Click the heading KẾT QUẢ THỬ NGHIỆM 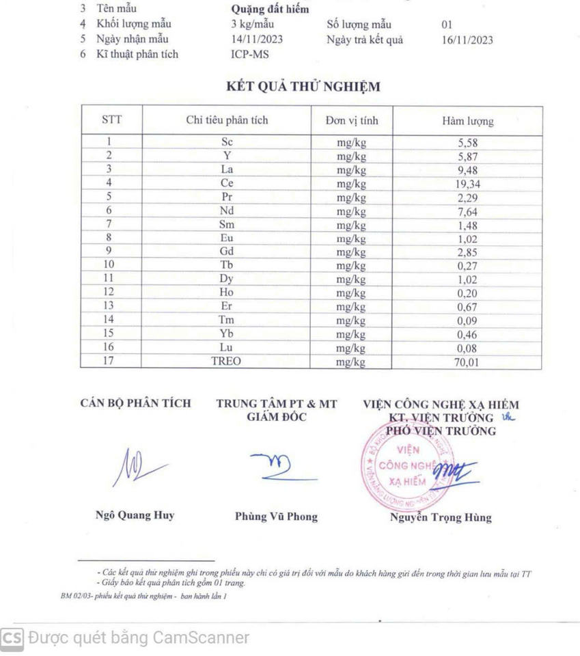coord(303,87)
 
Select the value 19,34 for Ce coord(468,184)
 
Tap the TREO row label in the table coord(226,361)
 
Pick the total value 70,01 coord(468,362)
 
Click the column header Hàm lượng coord(468,122)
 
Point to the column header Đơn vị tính coord(351,121)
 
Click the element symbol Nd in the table coord(227,211)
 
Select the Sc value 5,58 coord(468,143)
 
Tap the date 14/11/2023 coord(257,39)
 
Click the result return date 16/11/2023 coord(467,40)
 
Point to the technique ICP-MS coord(250,54)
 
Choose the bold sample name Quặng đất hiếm coord(270,10)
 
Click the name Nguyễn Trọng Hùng coord(440,517)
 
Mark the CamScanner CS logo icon coord(12,638)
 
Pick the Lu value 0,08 coord(468,348)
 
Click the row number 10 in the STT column coord(109,265)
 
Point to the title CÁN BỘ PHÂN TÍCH coord(135,404)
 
